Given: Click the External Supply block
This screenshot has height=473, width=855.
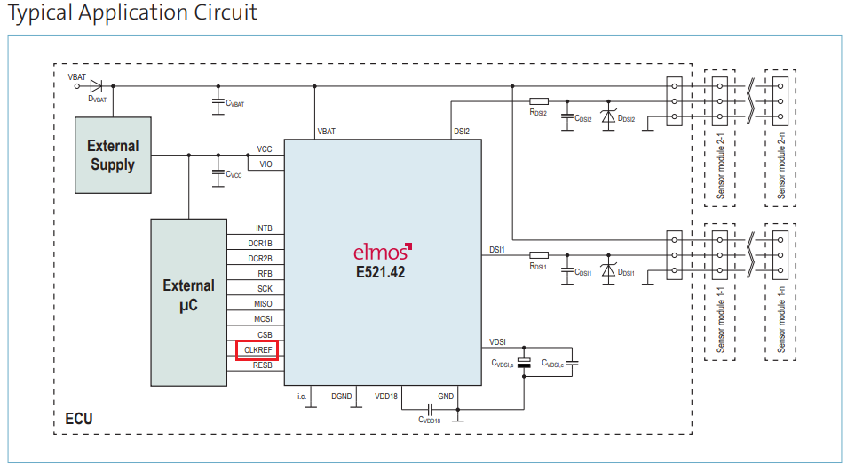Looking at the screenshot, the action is [113, 155].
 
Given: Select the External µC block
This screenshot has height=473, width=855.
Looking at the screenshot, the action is [188, 302].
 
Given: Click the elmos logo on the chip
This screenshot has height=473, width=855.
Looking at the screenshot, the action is [383, 252].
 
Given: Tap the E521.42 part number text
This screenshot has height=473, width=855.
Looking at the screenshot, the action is [381, 272].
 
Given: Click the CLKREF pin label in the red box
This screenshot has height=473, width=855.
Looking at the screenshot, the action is [257, 350].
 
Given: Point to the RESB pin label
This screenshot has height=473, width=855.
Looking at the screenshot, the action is [262, 365].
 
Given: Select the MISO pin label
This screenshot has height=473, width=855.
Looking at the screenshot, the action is [263, 304].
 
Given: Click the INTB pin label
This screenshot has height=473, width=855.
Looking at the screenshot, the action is [264, 228].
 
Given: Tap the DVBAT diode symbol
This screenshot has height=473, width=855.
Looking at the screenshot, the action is [96, 85].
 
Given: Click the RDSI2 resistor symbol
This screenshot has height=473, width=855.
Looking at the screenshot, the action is [539, 101].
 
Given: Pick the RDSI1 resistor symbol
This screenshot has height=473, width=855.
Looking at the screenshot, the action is [539, 255].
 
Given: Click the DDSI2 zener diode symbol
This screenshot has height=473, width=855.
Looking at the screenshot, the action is [608, 117].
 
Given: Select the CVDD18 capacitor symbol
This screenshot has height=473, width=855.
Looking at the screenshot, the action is [430, 409].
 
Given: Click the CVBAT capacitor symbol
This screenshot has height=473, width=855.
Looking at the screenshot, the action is [218, 102].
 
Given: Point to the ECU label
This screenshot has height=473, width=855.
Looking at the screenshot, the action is [79, 419].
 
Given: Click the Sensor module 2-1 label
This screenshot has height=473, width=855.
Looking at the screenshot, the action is [721, 165].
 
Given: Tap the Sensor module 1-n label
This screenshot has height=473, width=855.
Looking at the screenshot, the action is [780, 319].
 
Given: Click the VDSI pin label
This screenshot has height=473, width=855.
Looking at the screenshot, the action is [497, 342].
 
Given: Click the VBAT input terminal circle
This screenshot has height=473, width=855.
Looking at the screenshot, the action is [77, 86].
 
